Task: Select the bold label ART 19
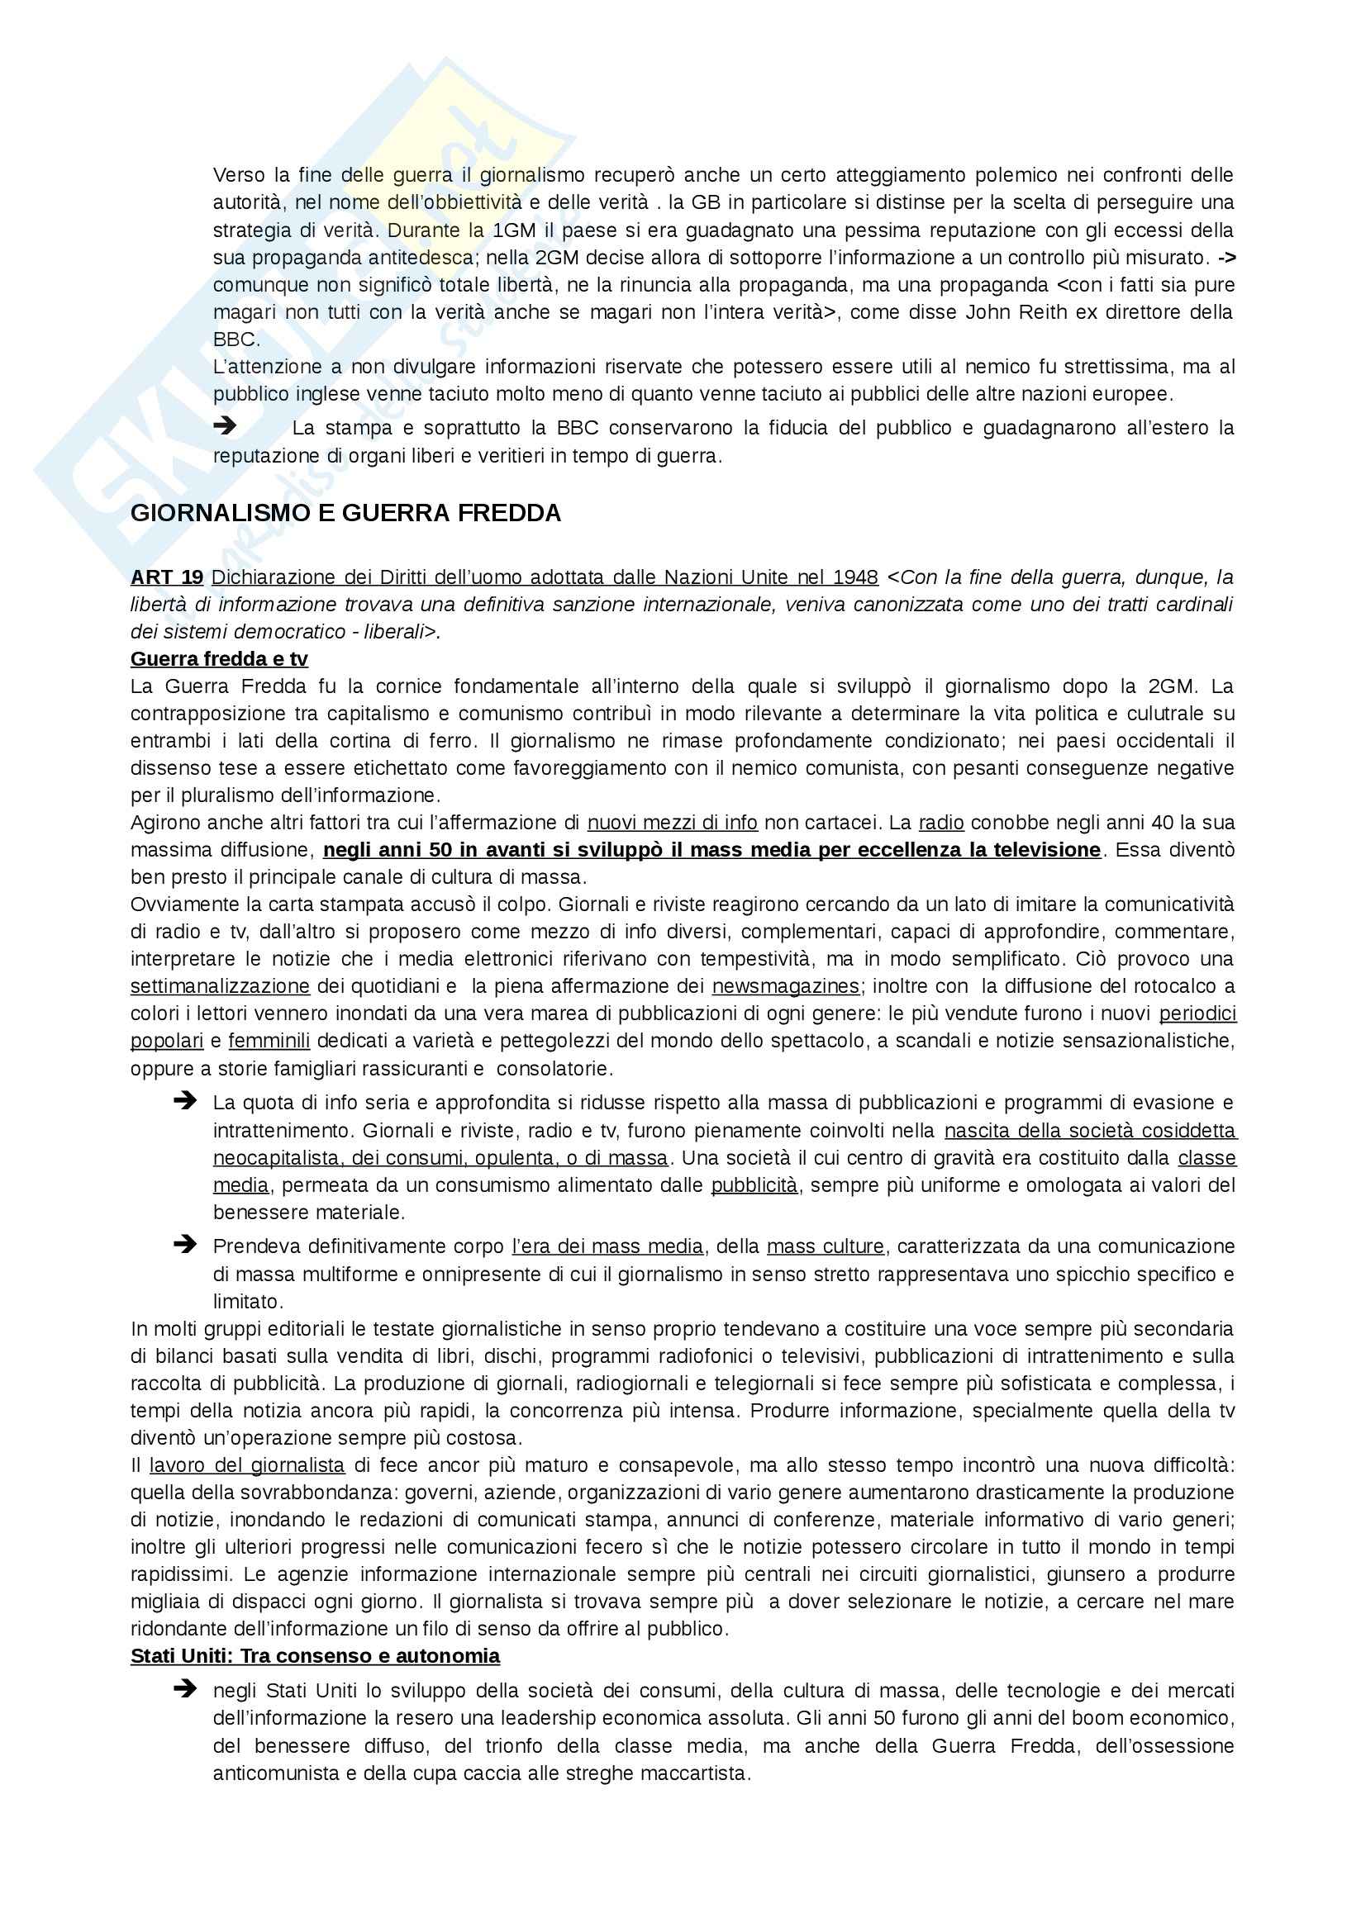pyautogui.click(x=167, y=577)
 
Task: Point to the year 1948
pyautogui.click(x=855, y=577)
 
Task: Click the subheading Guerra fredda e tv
pyautogui.click(x=219, y=659)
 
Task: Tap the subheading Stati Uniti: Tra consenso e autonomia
pyautogui.click(x=315, y=1657)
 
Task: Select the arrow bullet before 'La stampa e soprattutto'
pyautogui.click(x=225, y=426)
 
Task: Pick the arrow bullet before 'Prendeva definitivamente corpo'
pyautogui.click(x=184, y=1245)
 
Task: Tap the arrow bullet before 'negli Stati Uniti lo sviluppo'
pyautogui.click(x=184, y=1689)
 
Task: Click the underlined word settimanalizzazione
pyautogui.click(x=220, y=986)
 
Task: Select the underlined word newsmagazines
pyautogui.click(x=785, y=986)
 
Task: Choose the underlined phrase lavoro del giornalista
pyautogui.click(x=246, y=1465)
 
